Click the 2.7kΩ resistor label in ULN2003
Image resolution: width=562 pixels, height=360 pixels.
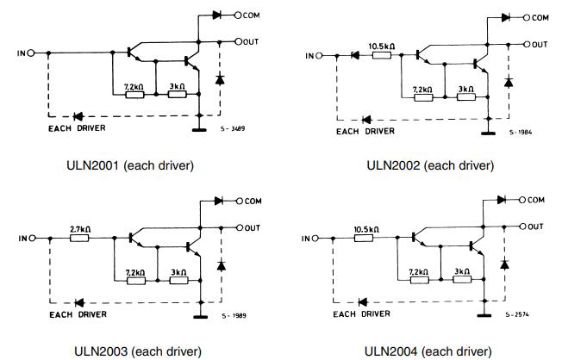81,229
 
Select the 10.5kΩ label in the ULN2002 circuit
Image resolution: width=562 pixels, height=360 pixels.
382,46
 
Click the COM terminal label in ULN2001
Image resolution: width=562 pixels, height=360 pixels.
253,16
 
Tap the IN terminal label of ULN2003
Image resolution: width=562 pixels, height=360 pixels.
22,238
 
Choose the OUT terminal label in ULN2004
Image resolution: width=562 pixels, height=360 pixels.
535,227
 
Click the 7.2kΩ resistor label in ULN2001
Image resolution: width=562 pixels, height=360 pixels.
134,87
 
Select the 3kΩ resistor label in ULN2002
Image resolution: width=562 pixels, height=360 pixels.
465,89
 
